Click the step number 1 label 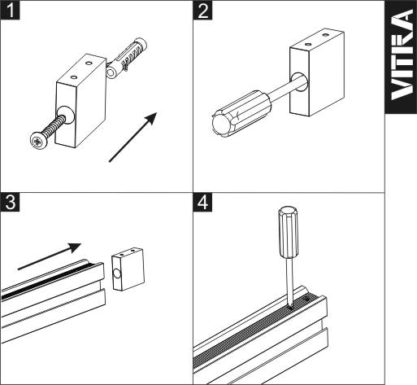10,10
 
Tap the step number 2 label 202,10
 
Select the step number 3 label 10,202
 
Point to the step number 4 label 202,202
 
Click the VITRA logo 402,55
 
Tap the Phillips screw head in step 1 38,140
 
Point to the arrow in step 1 132,138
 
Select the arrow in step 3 50,256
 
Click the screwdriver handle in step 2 240,114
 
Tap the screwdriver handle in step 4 289,232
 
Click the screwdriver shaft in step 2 287,90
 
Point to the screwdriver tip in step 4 291,307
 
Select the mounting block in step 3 128,269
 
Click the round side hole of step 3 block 117,274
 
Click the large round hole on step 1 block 65,115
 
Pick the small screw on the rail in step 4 306,300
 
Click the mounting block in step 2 317,72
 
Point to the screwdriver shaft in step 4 289,282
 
